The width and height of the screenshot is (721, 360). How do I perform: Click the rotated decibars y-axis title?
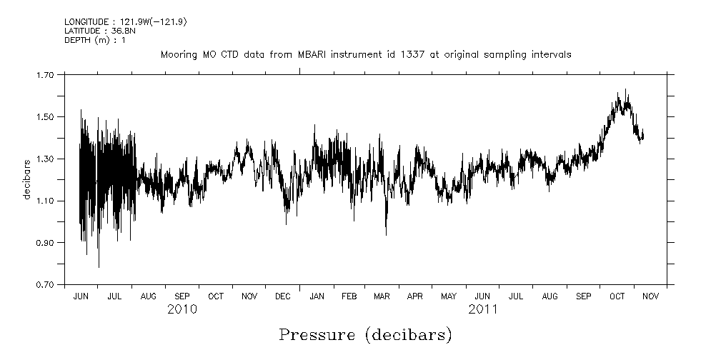point(28,179)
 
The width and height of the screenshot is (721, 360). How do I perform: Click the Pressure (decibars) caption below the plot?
point(365,334)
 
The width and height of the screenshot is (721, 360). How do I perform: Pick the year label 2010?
point(182,309)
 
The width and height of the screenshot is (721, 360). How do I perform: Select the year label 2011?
point(483,309)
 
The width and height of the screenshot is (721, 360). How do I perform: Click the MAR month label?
point(382,296)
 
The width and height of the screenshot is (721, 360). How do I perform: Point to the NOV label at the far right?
point(650,296)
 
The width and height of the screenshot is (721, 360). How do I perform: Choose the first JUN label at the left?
point(81,296)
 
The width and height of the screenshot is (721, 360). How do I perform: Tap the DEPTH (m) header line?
point(95,40)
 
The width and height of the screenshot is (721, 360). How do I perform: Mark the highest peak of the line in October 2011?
point(626,90)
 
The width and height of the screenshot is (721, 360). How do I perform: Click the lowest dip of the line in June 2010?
point(99,266)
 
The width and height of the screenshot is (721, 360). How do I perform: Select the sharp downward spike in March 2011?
point(386,234)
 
